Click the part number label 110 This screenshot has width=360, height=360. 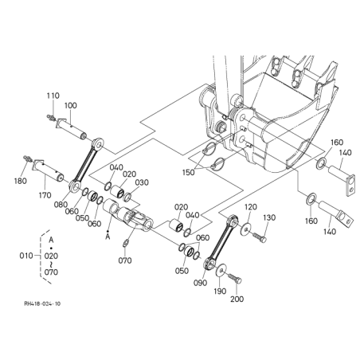[x=53, y=96]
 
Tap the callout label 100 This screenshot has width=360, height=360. [x=71, y=105]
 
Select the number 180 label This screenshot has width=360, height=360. [x=21, y=181]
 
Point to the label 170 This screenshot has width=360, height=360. [x=45, y=195]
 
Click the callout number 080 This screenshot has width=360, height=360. [x=61, y=205]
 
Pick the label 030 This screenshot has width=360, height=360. [x=142, y=182]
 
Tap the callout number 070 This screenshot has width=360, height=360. [x=125, y=260]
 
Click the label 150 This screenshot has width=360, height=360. [x=189, y=173]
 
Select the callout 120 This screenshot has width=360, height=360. [x=251, y=207]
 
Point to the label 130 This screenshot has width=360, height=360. [x=269, y=217]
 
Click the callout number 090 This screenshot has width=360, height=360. [x=200, y=283]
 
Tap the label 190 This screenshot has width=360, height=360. [x=220, y=292]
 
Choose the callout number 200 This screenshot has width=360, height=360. [x=237, y=299]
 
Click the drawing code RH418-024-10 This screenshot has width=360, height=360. [x=42, y=303]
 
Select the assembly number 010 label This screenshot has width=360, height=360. [x=26, y=256]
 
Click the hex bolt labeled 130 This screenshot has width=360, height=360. [x=260, y=237]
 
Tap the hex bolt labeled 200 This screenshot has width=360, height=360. [x=235, y=278]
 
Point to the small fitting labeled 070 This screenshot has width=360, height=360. [x=126, y=243]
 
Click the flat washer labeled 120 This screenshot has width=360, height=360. [x=246, y=229]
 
